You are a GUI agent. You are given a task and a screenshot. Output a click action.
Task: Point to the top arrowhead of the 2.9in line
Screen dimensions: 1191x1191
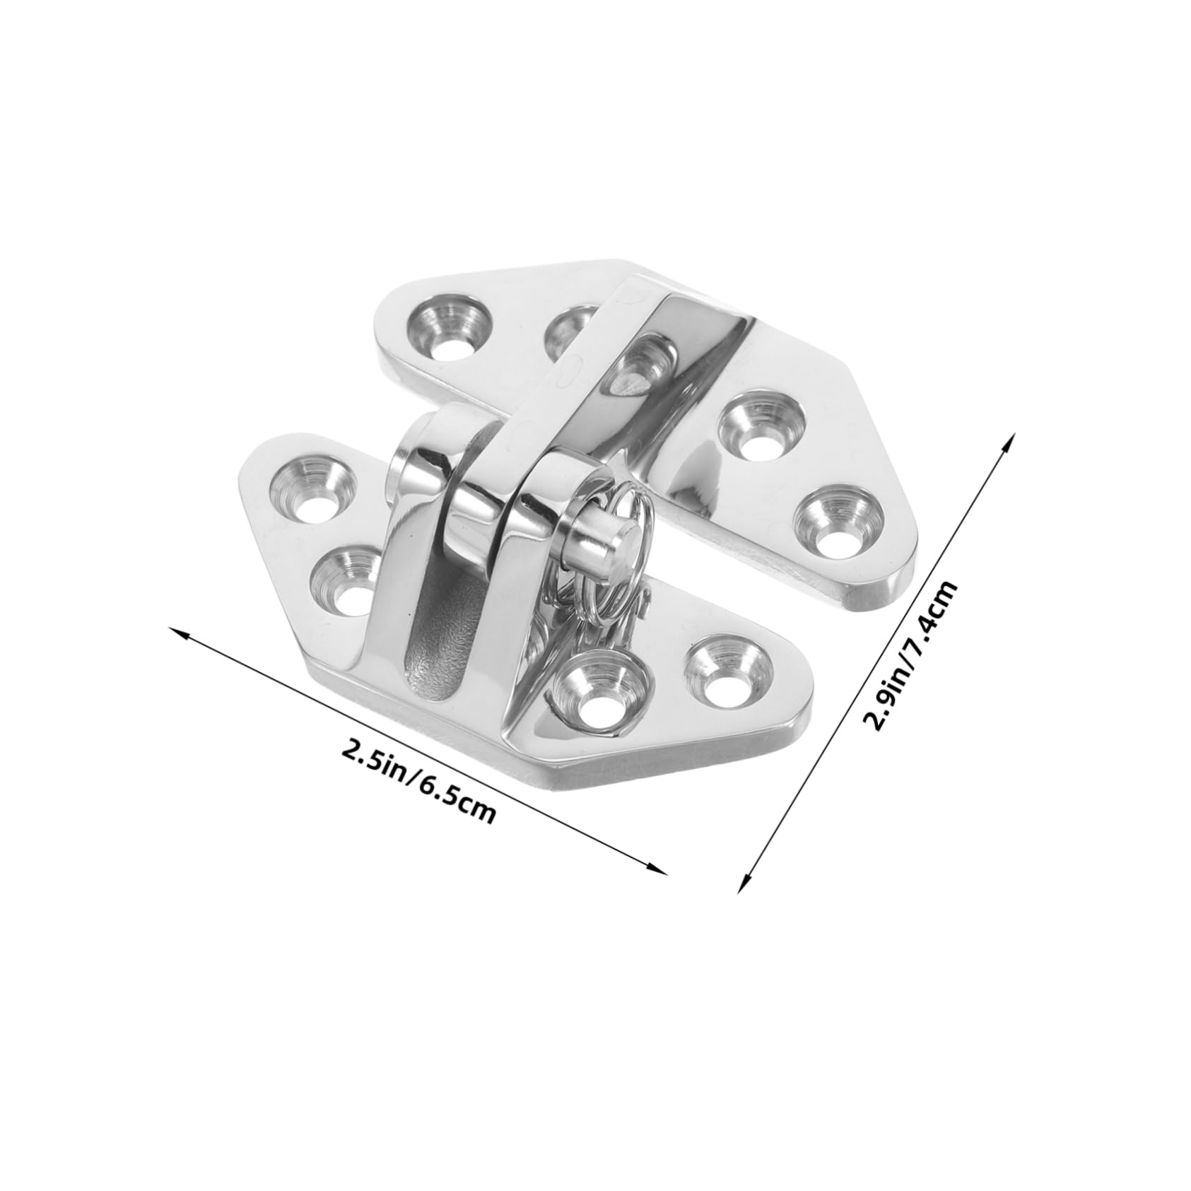point(1013,438)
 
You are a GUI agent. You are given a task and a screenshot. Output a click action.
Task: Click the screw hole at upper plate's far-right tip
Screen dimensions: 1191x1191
point(840,522)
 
